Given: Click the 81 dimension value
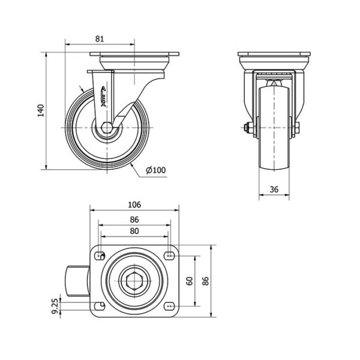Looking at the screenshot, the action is coord(100,39).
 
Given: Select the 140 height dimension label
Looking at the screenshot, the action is coord(41,110).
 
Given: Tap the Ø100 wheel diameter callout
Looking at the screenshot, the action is coord(155,170).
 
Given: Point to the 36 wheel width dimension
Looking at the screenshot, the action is coord(274,190).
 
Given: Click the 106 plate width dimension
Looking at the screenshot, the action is coord(134,205).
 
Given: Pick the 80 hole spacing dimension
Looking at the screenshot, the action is coord(134,231).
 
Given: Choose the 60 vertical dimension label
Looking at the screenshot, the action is coord(190,281).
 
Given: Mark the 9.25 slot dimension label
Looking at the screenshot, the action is coord(55,308).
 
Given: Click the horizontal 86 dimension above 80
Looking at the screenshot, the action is coord(134,220).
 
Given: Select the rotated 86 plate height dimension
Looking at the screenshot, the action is coord(206,281).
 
